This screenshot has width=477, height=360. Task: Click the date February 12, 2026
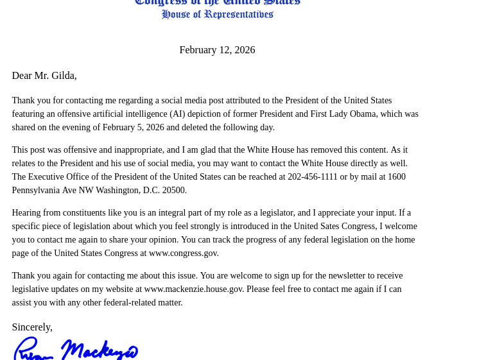(x=217, y=50)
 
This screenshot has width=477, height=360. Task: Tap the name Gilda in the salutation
(x=63, y=76)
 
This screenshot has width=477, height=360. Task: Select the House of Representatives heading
(x=217, y=14)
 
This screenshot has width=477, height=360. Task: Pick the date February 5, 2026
(x=133, y=128)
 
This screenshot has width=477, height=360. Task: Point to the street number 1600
(x=396, y=177)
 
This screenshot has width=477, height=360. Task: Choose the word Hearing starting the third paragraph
(x=28, y=213)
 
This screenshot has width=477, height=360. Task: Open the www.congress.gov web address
(x=183, y=253)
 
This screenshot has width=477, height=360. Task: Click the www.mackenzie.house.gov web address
(x=193, y=289)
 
